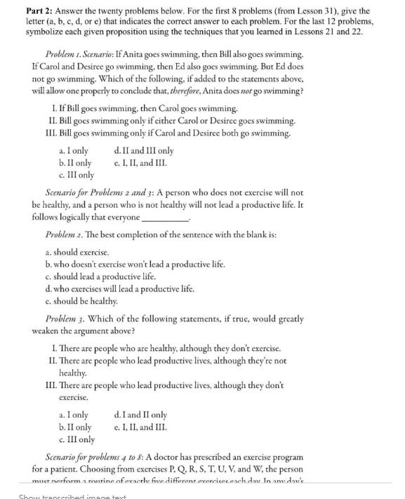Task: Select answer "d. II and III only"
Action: (143, 151)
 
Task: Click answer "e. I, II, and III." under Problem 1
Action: (140, 163)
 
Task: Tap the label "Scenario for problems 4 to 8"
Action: (95, 458)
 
